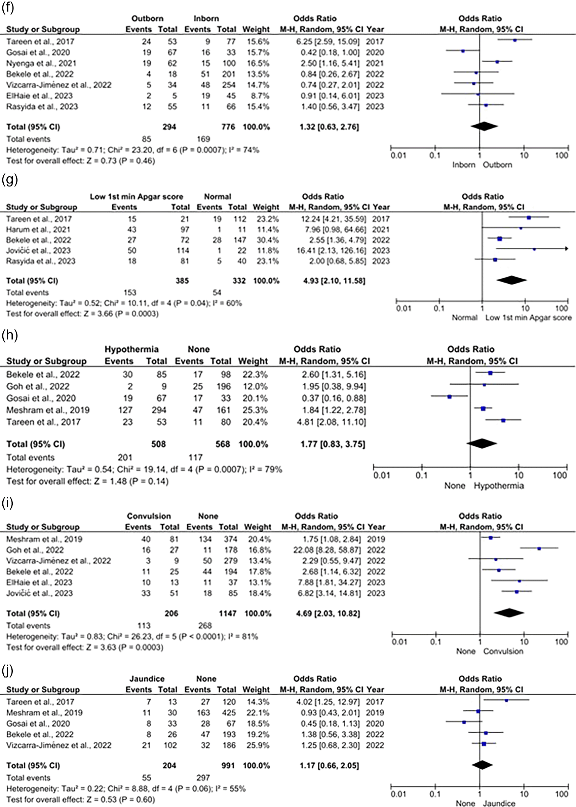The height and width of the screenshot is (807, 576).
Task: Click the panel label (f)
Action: (x=8, y=7)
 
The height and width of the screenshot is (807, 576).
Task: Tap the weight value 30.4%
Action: (x=266, y=240)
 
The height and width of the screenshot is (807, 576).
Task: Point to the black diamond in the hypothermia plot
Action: (x=481, y=444)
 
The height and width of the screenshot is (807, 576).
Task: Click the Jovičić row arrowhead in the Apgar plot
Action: (x=567, y=249)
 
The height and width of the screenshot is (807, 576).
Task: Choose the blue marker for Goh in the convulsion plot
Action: (x=539, y=549)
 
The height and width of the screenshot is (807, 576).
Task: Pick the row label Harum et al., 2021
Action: (x=38, y=230)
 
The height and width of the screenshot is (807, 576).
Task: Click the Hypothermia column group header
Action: (x=131, y=350)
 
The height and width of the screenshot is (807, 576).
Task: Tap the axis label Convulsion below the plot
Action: (x=503, y=651)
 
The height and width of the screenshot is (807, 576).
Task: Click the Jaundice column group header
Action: (x=147, y=679)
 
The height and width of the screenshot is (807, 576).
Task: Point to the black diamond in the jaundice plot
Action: (x=482, y=765)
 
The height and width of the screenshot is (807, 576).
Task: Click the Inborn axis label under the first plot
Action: (x=464, y=165)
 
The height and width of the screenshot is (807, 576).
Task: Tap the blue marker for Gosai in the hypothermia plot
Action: (x=449, y=397)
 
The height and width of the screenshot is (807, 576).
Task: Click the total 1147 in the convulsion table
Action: (x=227, y=613)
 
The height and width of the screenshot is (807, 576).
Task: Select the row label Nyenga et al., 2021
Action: (x=41, y=63)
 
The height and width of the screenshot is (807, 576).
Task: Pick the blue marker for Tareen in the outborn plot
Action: (x=515, y=40)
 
